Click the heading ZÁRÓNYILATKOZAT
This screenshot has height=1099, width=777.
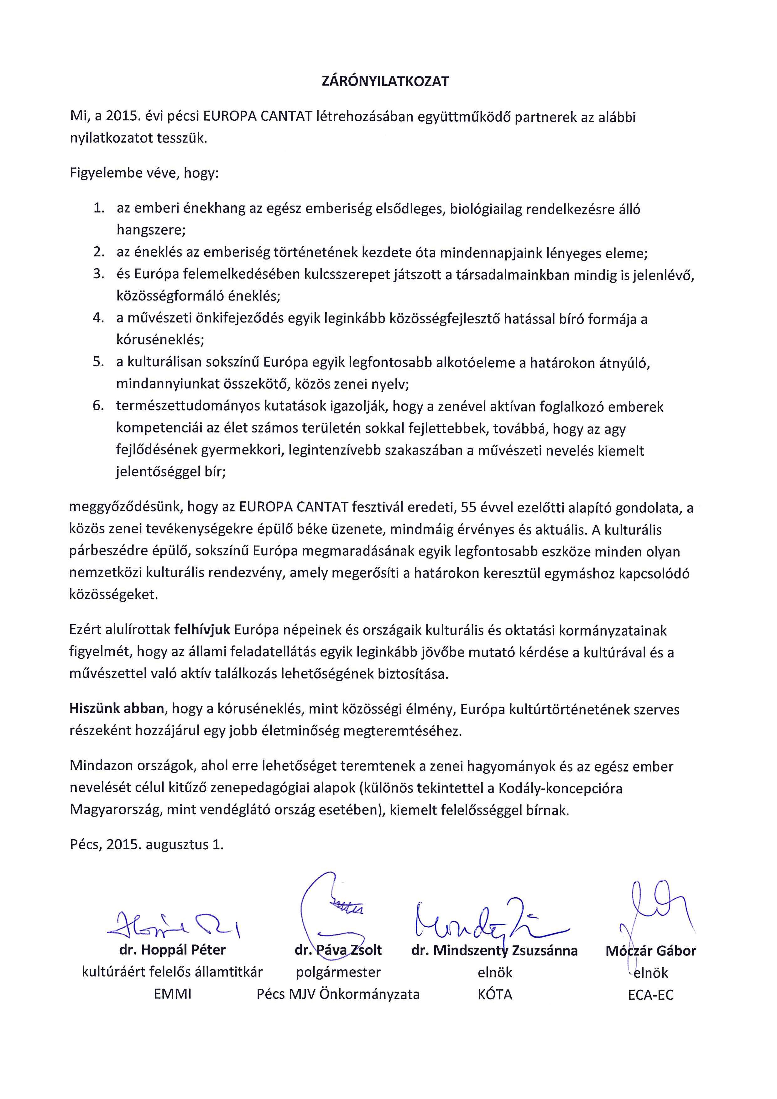(385, 81)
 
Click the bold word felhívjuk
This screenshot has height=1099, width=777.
(203, 630)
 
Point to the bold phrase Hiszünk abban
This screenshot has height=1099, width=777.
(117, 709)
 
